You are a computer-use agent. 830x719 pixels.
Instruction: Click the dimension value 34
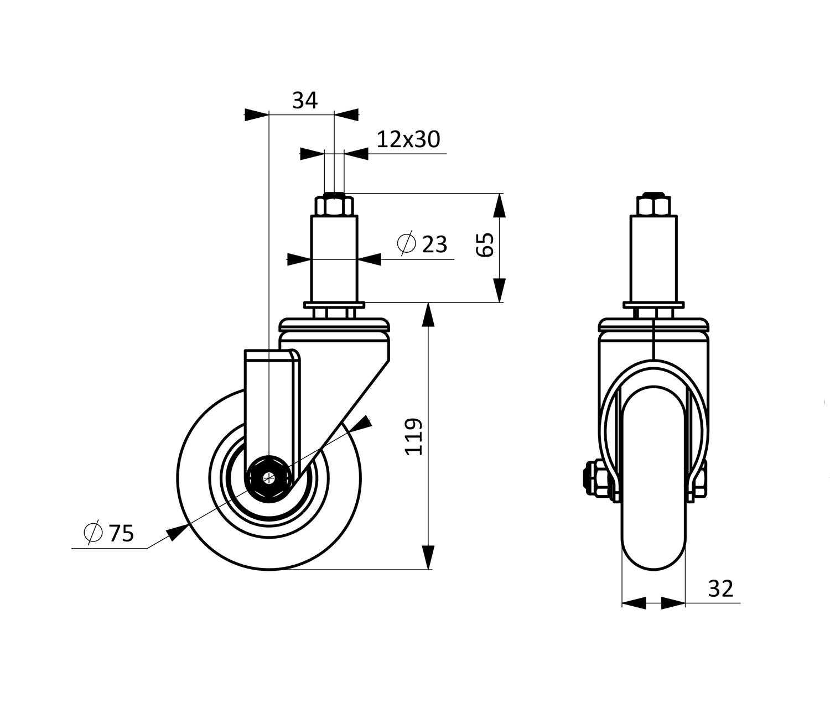[x=305, y=100]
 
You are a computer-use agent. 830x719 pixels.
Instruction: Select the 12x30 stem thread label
[x=408, y=139]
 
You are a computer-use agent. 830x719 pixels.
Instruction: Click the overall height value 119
[x=413, y=437]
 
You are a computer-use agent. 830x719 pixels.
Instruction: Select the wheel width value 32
[x=721, y=588]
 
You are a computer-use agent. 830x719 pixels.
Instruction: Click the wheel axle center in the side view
[x=269, y=478]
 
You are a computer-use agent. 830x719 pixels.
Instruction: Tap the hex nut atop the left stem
[x=334, y=205]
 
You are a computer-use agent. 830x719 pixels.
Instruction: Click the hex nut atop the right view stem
[x=653, y=205]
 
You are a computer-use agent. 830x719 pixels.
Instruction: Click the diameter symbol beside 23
[x=406, y=243]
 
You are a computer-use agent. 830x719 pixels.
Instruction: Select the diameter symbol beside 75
[x=93, y=532]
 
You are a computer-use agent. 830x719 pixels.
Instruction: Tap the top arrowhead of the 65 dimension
[x=499, y=205]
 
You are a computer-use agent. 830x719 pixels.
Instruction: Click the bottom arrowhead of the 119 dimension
[x=429, y=558]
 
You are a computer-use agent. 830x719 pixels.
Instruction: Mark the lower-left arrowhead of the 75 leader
[x=177, y=532]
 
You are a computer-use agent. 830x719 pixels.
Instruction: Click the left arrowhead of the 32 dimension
[x=634, y=603]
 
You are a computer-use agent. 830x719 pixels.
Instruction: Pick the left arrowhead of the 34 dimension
[x=257, y=115]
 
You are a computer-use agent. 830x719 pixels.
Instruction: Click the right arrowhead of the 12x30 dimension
[x=356, y=154]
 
